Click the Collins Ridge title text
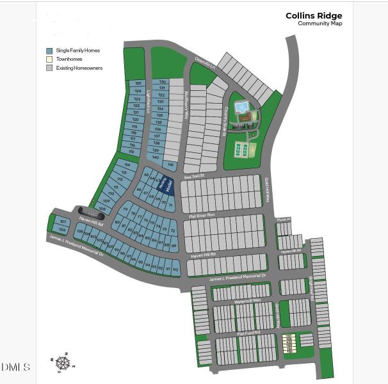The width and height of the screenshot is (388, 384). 314,15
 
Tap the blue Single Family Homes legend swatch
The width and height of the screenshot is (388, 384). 49,51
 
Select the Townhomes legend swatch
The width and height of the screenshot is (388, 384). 49,59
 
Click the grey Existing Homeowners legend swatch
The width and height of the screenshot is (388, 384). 49,68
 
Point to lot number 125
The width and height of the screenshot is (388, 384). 137,84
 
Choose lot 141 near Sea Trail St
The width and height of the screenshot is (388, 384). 171,164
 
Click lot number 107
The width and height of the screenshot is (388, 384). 62,221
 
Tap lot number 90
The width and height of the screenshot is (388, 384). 175,270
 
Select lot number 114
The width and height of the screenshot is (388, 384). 127,164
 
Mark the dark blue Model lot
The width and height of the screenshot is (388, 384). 166,185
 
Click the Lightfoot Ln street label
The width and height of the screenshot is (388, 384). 147,102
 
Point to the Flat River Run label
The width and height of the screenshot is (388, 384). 202,216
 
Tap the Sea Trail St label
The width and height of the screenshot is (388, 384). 193,175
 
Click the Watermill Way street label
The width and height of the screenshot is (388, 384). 248,300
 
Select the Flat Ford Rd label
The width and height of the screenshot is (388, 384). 248,333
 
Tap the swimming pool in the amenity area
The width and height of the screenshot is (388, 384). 241,108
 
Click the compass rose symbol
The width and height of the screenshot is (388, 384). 63,363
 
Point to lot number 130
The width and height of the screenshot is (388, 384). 162,82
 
